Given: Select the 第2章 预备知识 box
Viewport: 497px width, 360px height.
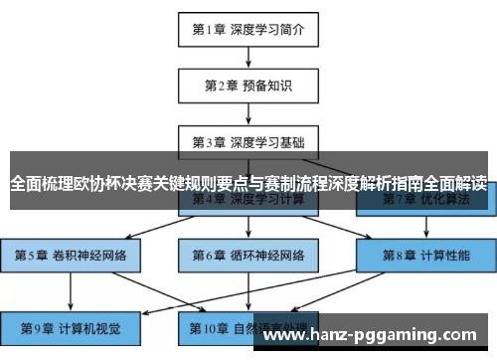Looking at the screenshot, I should click(x=248, y=85).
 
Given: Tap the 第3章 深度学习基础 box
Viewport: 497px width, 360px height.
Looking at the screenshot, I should click(x=248, y=141).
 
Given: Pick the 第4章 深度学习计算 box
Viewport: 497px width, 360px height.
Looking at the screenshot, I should click(x=248, y=200).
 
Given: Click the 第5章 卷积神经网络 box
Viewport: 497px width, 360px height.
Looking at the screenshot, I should click(x=71, y=256).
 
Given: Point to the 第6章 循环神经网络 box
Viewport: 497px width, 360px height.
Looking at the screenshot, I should click(x=248, y=256).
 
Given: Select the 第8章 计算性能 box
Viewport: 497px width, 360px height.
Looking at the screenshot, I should click(x=425, y=256).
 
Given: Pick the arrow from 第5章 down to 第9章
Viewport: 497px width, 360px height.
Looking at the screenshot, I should click(x=71, y=291).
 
